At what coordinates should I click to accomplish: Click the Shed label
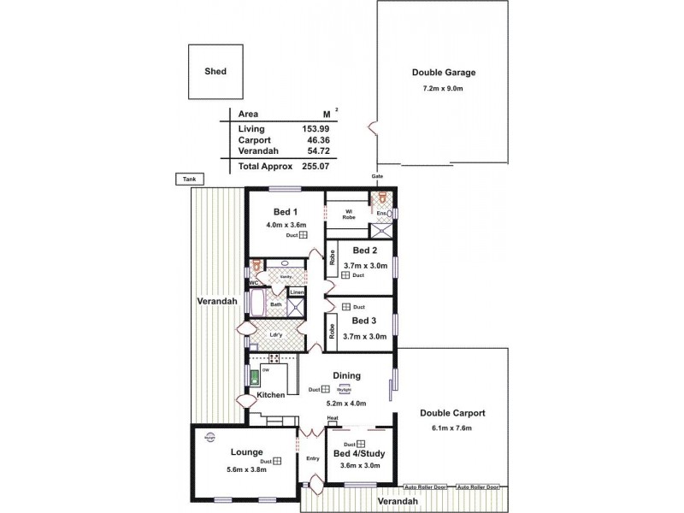[215, 73]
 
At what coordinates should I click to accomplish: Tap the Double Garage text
[443, 73]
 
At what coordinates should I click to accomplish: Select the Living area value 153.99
[315, 128]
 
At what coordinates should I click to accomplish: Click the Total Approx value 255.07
[315, 166]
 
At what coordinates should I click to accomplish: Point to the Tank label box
[187, 180]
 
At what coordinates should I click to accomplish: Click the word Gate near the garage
[377, 176]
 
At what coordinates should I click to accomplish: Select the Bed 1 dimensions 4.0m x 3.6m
[286, 224]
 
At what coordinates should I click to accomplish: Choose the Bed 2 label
[364, 251]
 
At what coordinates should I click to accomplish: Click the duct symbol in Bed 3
[345, 307]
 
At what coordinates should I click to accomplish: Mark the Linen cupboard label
[296, 293]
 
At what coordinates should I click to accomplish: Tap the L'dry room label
[275, 335]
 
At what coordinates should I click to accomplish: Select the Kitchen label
[270, 395]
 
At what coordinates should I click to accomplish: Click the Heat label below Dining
[332, 418]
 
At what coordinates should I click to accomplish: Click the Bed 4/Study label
[359, 453]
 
